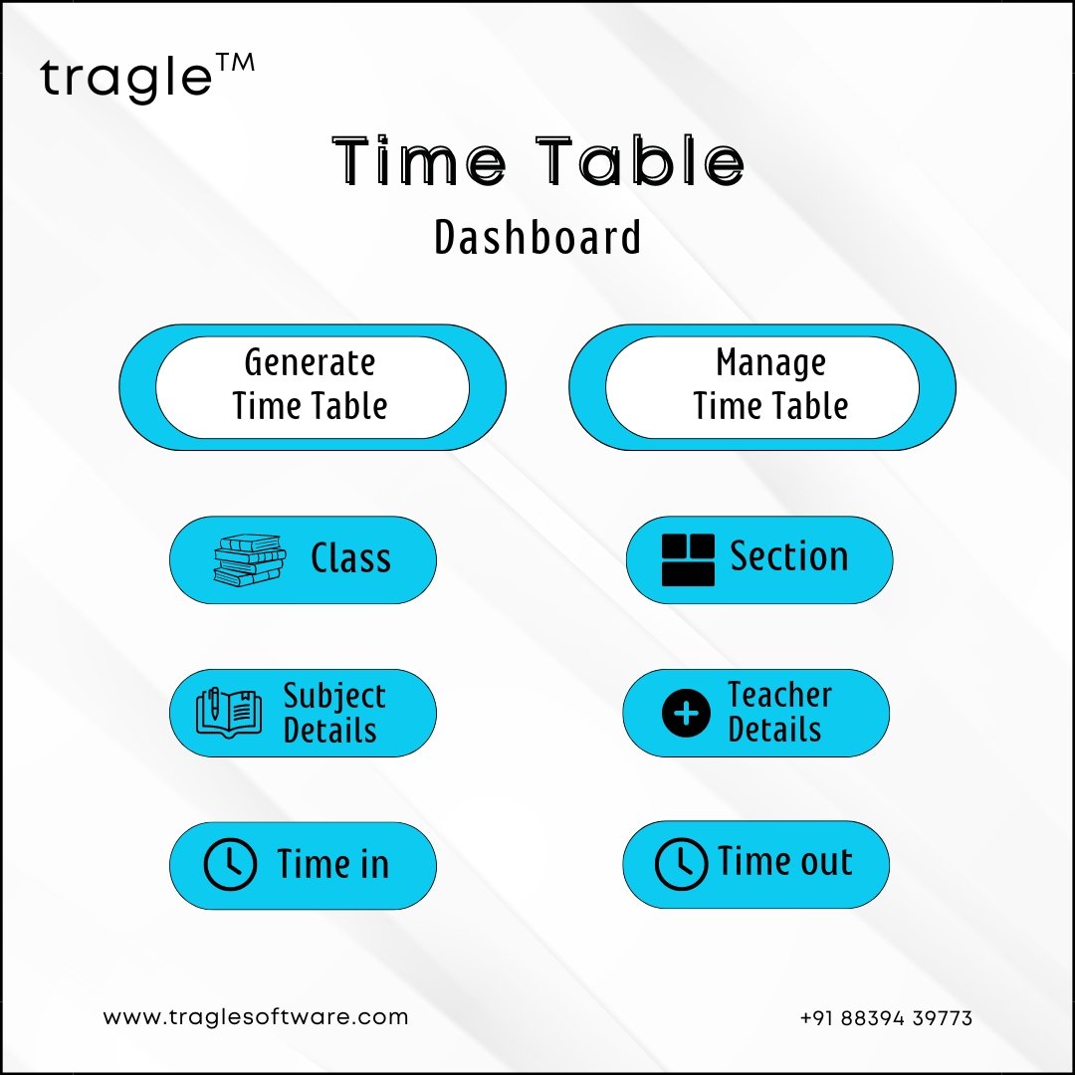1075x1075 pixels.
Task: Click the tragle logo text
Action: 126,78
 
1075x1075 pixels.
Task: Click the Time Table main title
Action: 538,161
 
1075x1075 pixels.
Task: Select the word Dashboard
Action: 538,237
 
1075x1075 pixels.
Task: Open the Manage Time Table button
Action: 762,387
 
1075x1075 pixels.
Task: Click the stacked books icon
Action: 250,560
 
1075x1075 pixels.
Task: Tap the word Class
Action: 351,557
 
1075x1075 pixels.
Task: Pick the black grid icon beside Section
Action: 688,560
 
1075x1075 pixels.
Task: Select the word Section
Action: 789,556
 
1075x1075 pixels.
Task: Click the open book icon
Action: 229,713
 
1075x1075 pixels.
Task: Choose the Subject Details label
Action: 334,713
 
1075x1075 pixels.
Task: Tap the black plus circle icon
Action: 686,713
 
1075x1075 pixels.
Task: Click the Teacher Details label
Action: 779,712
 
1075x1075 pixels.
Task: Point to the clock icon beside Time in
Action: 230,864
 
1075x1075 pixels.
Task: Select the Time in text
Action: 333,863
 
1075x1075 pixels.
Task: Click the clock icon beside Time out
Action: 681,864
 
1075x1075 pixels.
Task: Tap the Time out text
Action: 785,861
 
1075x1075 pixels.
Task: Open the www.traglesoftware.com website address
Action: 256,1016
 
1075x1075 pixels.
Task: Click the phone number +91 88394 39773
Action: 886,1018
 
